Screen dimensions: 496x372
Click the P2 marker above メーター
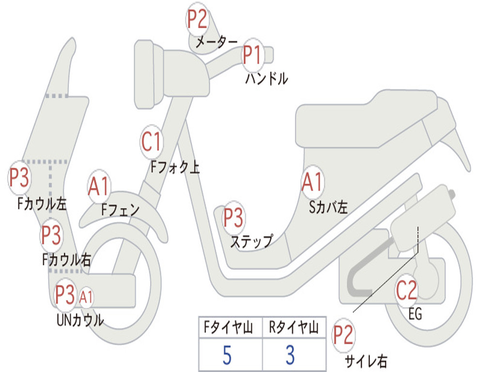tap(197, 19)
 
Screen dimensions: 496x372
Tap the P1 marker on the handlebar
tap(252, 54)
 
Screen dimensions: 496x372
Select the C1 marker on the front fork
tap(151, 142)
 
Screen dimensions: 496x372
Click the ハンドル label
tap(266, 78)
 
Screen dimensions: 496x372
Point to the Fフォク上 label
tap(174, 167)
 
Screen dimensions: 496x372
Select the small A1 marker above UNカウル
tap(86, 297)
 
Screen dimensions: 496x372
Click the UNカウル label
tap(80, 320)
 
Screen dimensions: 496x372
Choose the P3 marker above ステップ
tap(233, 218)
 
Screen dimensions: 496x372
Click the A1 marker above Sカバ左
tap(311, 182)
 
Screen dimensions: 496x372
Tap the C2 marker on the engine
tap(406, 291)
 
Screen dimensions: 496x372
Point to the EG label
tap(415, 314)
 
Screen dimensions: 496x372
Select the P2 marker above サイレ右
tap(343, 336)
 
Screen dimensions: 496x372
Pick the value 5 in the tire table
tap(227, 356)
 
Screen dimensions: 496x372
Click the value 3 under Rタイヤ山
tap(290, 356)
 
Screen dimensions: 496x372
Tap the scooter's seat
tap(368, 119)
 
